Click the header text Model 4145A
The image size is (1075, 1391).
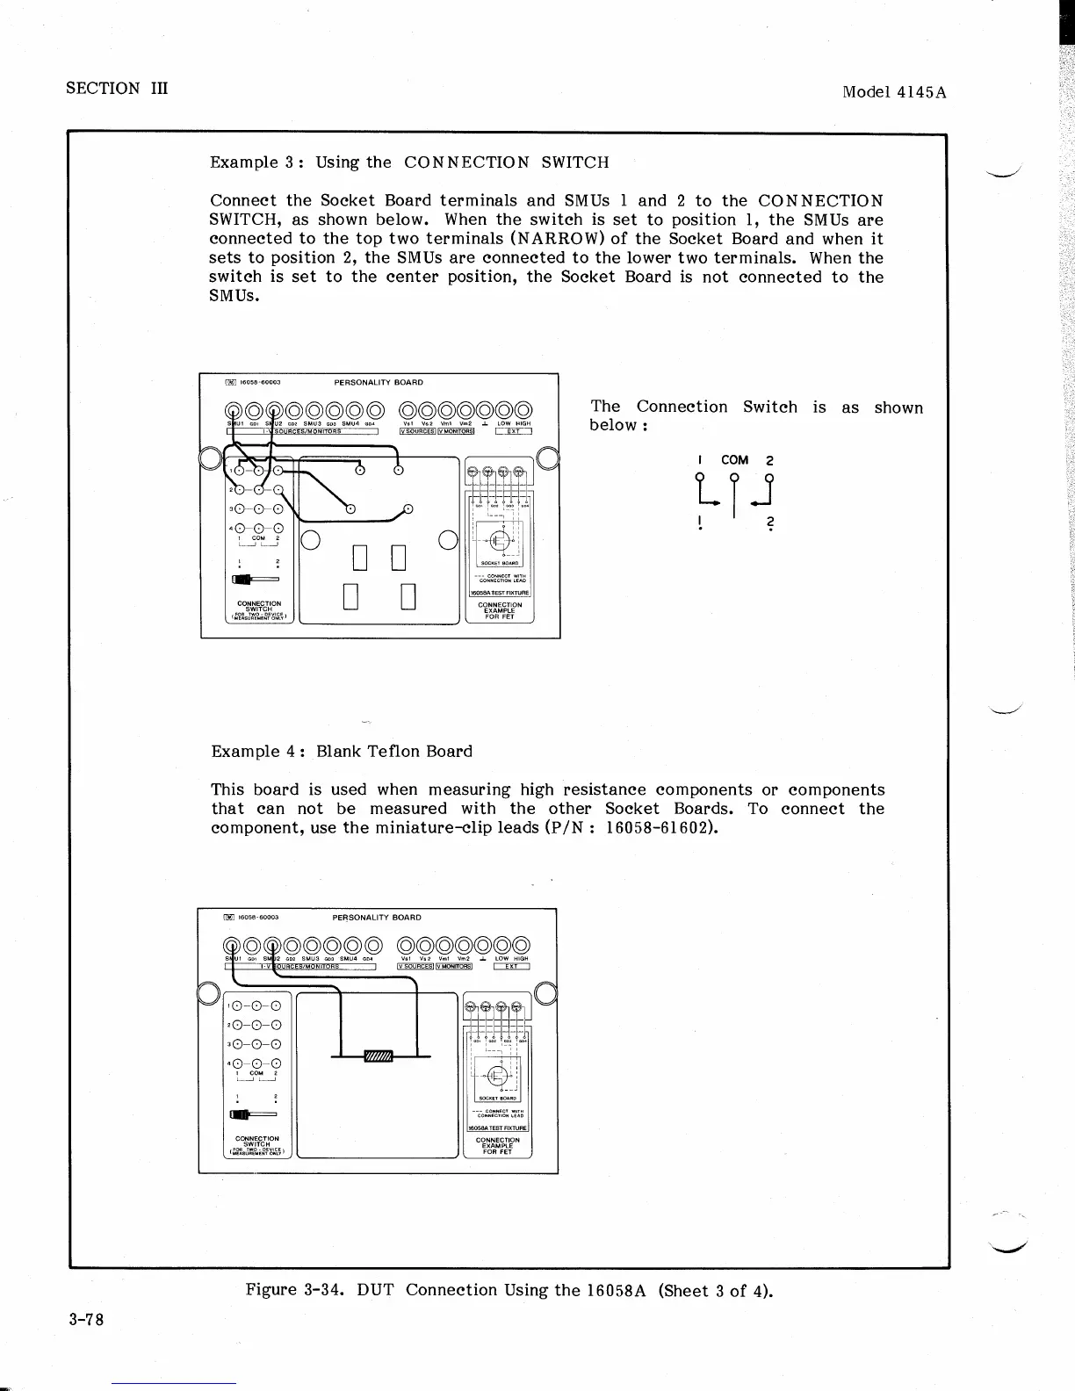(894, 91)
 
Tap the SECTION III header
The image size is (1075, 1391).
(116, 88)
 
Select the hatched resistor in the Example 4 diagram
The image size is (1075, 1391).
(379, 1055)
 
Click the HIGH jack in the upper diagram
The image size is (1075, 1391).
(523, 409)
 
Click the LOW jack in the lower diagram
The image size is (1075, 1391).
(502, 946)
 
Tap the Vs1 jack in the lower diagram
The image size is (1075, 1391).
(408, 946)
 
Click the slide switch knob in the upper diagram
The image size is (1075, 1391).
(240, 579)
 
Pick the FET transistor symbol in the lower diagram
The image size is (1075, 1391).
(496, 1073)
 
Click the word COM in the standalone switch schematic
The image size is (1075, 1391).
(734, 460)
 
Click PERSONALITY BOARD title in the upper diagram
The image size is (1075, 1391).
(379, 383)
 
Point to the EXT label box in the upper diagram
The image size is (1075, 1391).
(515, 430)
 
